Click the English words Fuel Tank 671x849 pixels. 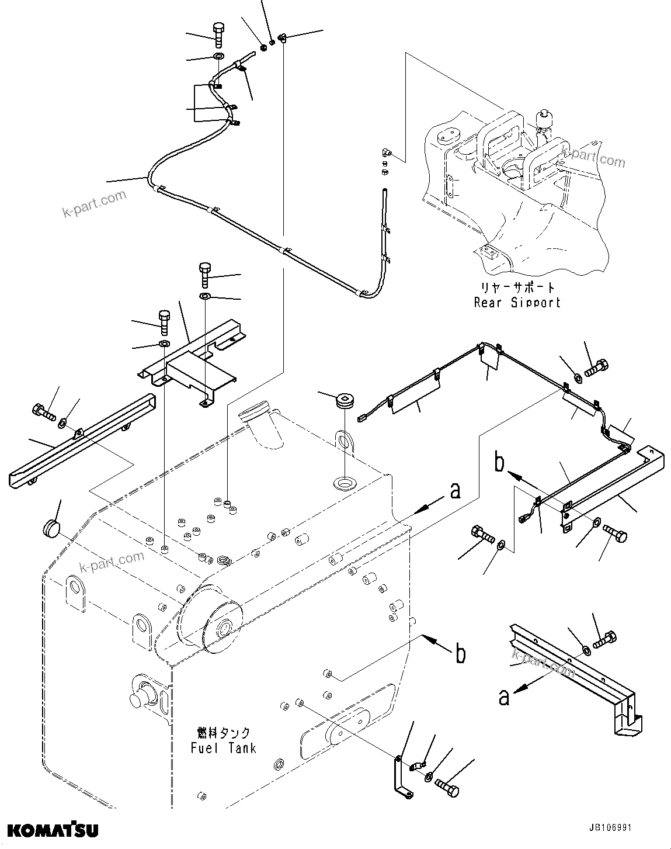(223, 748)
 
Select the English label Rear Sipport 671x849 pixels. (517, 303)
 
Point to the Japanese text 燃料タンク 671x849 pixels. (224, 733)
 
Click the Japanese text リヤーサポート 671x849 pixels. (517, 287)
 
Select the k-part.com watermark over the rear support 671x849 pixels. (593, 156)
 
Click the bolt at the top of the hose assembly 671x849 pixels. (218, 34)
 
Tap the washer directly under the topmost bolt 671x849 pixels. (218, 57)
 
